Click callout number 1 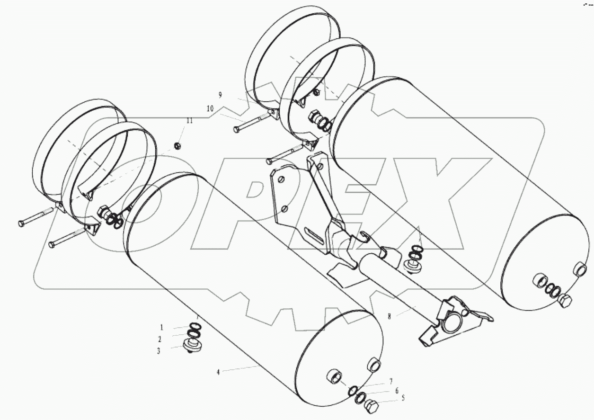click(x=161, y=327)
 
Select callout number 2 click(x=160, y=339)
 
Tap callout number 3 click(x=159, y=351)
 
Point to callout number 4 click(x=218, y=372)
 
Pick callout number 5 click(x=403, y=398)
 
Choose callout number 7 click(x=391, y=381)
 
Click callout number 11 click(x=189, y=121)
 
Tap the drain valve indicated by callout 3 click(x=192, y=345)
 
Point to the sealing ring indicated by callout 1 click(x=194, y=326)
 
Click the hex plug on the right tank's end click(x=565, y=301)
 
